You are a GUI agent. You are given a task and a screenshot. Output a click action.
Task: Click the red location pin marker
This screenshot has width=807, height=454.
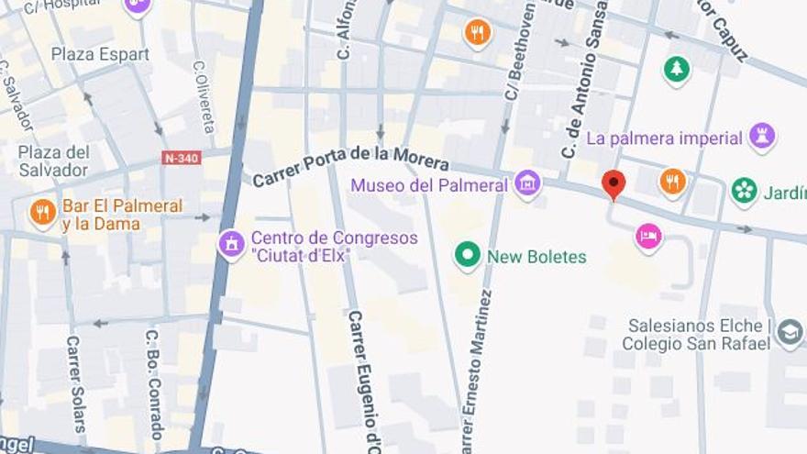click(x=614, y=183)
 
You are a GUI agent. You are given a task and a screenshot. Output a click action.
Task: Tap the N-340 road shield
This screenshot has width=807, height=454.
click(x=181, y=158)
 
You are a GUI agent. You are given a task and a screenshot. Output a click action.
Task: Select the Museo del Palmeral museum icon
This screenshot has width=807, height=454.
click(x=527, y=184)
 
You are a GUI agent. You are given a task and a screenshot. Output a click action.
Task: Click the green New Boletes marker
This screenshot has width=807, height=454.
click(x=468, y=256)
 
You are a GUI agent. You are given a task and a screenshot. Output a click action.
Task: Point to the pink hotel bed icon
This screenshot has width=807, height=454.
click(x=649, y=238)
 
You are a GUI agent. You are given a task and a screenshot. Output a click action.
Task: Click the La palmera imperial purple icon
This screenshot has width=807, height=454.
click(x=762, y=138)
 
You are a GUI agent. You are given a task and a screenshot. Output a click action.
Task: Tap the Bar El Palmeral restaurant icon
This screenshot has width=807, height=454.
click(x=43, y=213)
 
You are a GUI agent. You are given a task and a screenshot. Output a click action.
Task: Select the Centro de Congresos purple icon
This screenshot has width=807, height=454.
click(x=231, y=245)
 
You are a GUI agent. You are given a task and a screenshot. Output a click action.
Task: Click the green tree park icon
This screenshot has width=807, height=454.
click(x=677, y=69)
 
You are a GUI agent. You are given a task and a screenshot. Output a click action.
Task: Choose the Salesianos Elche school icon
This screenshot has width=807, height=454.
click(x=789, y=333)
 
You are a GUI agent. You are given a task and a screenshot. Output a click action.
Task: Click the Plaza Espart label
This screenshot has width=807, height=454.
click(x=100, y=54)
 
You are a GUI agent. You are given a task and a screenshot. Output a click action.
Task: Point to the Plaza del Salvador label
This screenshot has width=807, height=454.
click(x=54, y=161)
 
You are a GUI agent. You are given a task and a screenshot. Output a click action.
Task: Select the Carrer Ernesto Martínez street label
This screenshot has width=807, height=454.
click(x=476, y=371)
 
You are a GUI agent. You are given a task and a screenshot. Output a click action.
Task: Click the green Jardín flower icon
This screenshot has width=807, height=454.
click(x=745, y=192)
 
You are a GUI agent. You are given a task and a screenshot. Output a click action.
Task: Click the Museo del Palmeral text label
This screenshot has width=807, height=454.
click(x=429, y=185)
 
